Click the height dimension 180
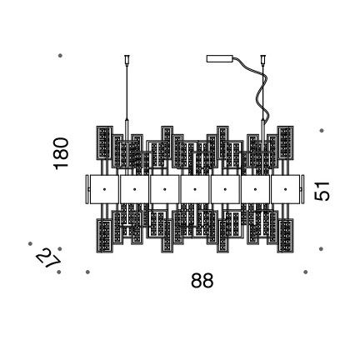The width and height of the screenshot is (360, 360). [61, 153]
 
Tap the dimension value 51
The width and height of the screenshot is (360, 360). [322, 191]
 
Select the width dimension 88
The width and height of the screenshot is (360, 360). [202, 280]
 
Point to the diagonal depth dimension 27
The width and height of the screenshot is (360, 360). [47, 258]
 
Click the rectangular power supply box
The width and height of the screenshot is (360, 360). [220, 58]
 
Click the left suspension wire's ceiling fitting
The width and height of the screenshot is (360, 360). [127, 59]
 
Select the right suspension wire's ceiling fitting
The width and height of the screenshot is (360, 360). [262, 59]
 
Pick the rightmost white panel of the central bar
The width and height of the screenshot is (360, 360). [285, 189]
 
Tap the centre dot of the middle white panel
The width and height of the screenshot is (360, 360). [195, 189]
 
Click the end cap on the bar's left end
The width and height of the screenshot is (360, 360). [87, 189]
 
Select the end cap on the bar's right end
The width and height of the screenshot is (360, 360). [302, 189]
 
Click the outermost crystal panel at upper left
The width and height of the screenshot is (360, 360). [104, 142]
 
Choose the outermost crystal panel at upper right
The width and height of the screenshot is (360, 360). [285, 142]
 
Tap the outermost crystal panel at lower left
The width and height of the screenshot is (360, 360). [104, 236]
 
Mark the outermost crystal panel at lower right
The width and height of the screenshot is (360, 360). [285, 236]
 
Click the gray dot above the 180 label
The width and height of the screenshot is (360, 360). [60, 56]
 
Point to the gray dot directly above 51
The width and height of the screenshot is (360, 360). [322, 130]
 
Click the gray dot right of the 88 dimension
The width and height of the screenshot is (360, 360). [306, 272]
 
